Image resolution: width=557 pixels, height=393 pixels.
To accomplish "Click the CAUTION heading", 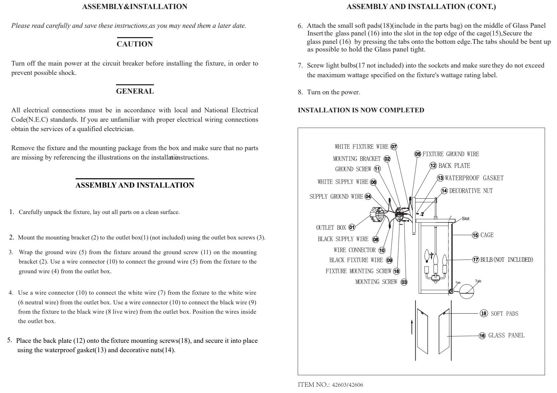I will point(134,44).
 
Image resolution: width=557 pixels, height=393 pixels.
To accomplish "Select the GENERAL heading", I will point(135,91).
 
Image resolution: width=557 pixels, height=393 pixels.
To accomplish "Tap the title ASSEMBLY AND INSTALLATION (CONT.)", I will point(421,7).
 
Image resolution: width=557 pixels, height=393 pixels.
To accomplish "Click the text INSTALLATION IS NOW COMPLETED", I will point(361,110).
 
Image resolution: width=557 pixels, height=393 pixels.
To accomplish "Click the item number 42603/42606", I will point(347,385).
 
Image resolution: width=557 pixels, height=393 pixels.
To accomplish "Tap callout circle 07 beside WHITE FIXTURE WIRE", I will point(394,146).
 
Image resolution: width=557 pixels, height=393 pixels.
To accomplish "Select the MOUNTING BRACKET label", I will point(357,159).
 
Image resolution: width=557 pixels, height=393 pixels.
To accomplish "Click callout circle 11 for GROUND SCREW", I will point(377,169).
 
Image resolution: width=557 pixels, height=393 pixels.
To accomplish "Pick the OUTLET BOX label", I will point(331,228).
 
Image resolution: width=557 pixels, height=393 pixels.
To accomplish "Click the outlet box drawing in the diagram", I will point(377,216).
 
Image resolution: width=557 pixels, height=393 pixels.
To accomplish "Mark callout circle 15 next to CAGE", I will point(475,235).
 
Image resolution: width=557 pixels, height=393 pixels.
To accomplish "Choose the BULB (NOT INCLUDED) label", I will point(506,260).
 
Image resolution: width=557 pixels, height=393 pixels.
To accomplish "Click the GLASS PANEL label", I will point(506,335).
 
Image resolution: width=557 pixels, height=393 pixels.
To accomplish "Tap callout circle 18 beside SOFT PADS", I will point(484,313).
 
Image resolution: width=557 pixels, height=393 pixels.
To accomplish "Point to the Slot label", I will point(465,219).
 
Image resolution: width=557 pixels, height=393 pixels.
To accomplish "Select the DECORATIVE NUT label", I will point(471,191).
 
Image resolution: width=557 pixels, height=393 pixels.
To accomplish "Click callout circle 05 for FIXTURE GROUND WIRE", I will point(418,154).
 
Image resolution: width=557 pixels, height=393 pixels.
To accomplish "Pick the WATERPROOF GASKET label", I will point(474,178).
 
